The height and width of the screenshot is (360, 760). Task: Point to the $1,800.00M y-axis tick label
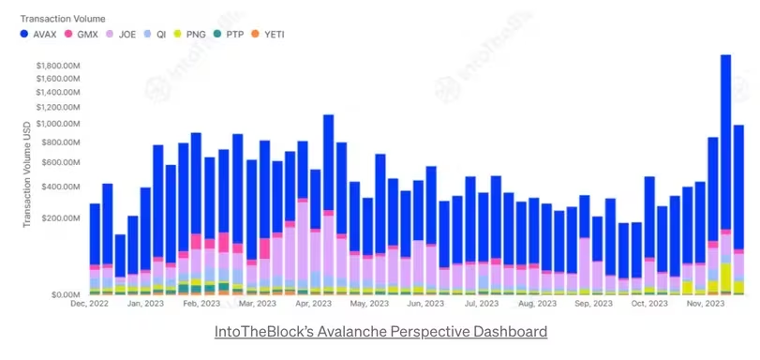[x=61, y=66]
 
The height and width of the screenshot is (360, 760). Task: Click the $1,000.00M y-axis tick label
[x=61, y=123]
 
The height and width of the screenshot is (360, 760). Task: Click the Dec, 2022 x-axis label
[x=91, y=304]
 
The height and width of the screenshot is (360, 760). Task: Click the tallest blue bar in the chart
[x=725, y=141]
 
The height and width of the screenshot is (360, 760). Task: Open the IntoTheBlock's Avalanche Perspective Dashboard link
[x=380, y=332]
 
